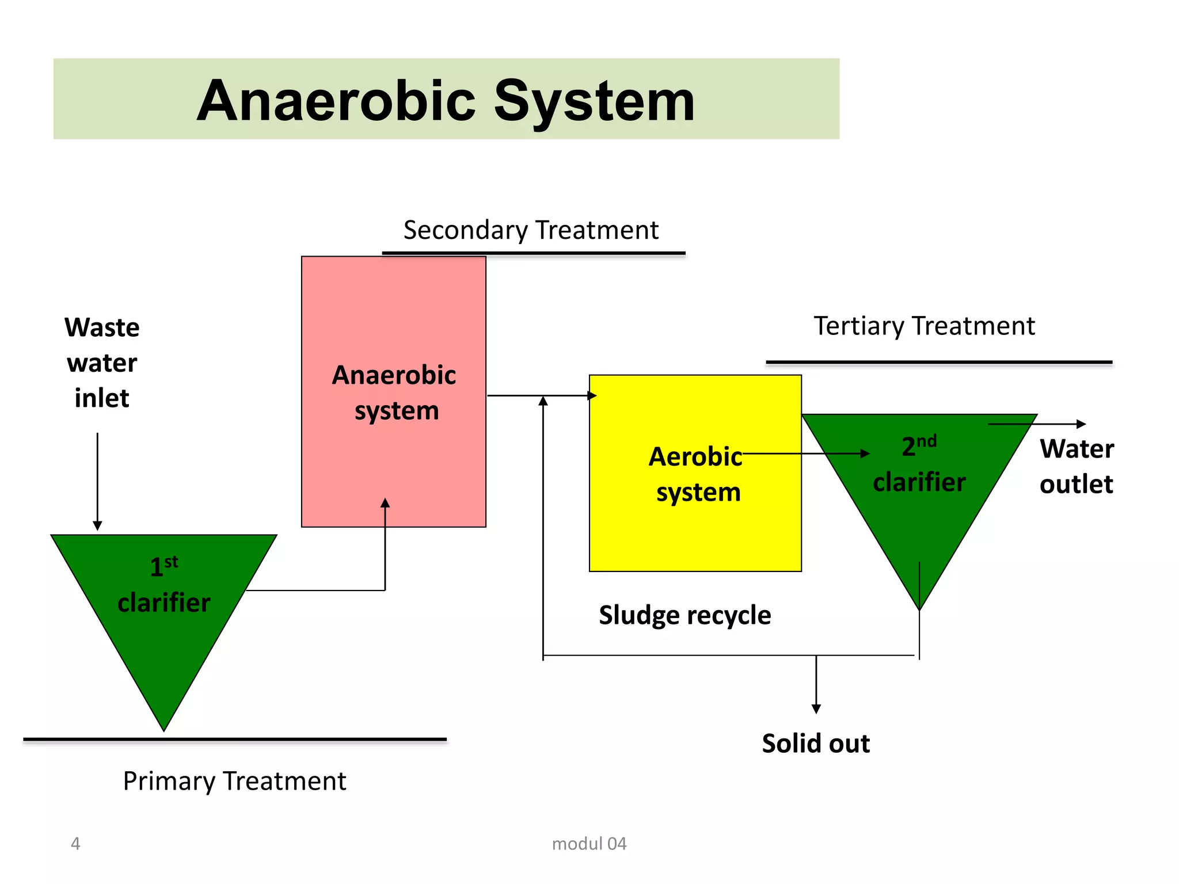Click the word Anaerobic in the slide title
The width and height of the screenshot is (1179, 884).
click(336, 102)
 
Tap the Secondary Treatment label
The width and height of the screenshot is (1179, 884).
click(530, 230)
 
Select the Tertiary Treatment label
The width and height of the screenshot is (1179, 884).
click(923, 326)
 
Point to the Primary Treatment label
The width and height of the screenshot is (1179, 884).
click(234, 782)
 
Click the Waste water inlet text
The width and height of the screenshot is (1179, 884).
click(102, 363)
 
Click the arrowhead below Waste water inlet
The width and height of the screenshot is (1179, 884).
click(97, 525)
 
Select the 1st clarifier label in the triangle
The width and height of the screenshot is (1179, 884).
click(164, 585)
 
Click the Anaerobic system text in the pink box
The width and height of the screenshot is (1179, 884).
click(395, 393)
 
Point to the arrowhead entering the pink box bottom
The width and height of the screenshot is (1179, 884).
click(385, 503)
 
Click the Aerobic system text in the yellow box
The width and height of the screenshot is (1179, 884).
click(697, 474)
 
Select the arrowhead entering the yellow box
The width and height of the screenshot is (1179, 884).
click(592, 395)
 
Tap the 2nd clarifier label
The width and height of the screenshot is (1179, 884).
click(919, 465)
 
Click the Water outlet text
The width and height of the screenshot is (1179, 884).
click(1076, 466)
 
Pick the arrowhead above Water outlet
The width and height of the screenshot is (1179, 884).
click(1081, 424)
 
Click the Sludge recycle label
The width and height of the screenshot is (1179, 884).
click(684, 615)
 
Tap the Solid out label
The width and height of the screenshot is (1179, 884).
click(815, 744)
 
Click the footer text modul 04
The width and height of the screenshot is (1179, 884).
click(588, 844)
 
